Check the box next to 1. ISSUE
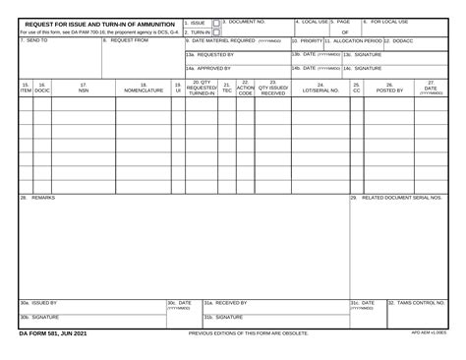tap(215, 22)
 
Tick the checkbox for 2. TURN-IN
tap(215, 31)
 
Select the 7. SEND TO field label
tap(35, 41)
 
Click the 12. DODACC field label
tap(400, 41)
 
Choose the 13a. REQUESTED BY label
tap(209, 55)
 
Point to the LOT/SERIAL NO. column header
tap(320, 90)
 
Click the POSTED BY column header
tap(389, 90)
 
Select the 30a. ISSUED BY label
tap(38, 303)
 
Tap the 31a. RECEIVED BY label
tap(225, 303)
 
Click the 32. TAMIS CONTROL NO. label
tap(416, 303)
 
